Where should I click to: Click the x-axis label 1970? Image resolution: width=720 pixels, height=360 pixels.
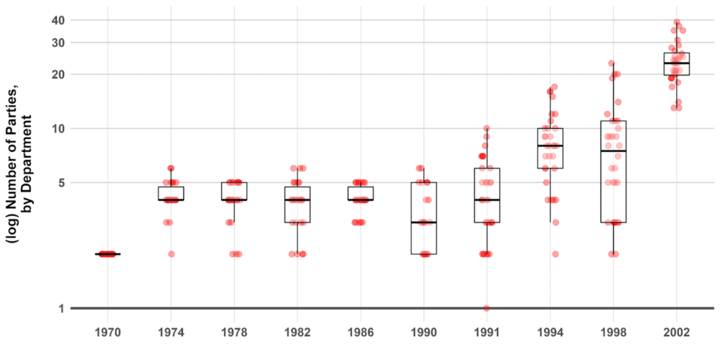pos(108,333)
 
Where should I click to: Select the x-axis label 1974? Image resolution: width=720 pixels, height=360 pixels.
pos(171,333)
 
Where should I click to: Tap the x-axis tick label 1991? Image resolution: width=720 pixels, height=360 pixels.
pos(487,333)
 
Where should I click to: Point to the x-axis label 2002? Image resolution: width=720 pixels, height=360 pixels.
pos(676,333)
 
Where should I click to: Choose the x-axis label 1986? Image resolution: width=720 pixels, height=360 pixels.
pos(361,333)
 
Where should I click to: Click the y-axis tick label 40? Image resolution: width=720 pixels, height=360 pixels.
pos(58,20)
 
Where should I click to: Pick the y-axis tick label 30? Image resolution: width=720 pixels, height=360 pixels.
pos(58,42)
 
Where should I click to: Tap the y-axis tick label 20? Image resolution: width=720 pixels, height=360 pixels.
pos(58,74)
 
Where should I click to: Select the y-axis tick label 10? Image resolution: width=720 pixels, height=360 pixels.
pos(58,128)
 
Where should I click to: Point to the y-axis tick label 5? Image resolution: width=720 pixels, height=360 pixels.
pos(61,183)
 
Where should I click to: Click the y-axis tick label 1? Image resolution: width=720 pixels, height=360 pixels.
pos(61,308)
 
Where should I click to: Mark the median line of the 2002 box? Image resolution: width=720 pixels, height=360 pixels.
pos(676,63)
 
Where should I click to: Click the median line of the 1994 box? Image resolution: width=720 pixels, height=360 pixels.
pos(550,145)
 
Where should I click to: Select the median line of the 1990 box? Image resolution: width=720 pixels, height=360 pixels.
pos(424,222)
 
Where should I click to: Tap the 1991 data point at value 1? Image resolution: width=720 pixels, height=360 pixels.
pos(487,308)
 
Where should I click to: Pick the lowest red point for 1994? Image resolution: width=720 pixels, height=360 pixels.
pos(555,253)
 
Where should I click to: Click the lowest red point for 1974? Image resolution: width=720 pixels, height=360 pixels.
pos(171,253)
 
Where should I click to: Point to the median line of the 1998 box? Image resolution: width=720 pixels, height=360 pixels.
pos(613,151)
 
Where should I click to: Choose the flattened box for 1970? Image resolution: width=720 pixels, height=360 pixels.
pos(108,254)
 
